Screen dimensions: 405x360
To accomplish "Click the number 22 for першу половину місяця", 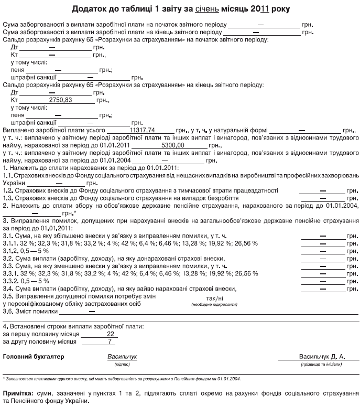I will [110, 334].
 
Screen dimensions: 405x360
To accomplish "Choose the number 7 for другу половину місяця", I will [110, 342].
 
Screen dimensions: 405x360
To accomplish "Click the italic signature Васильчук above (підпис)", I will [122, 357].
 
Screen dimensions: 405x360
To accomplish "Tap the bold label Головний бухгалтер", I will [33, 357].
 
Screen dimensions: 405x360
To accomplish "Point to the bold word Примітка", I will [19, 392].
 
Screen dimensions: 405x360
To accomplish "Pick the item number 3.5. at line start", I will [8, 296].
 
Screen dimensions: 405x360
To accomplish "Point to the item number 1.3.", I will [8, 198].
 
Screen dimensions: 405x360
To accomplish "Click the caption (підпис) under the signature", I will [122, 364].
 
